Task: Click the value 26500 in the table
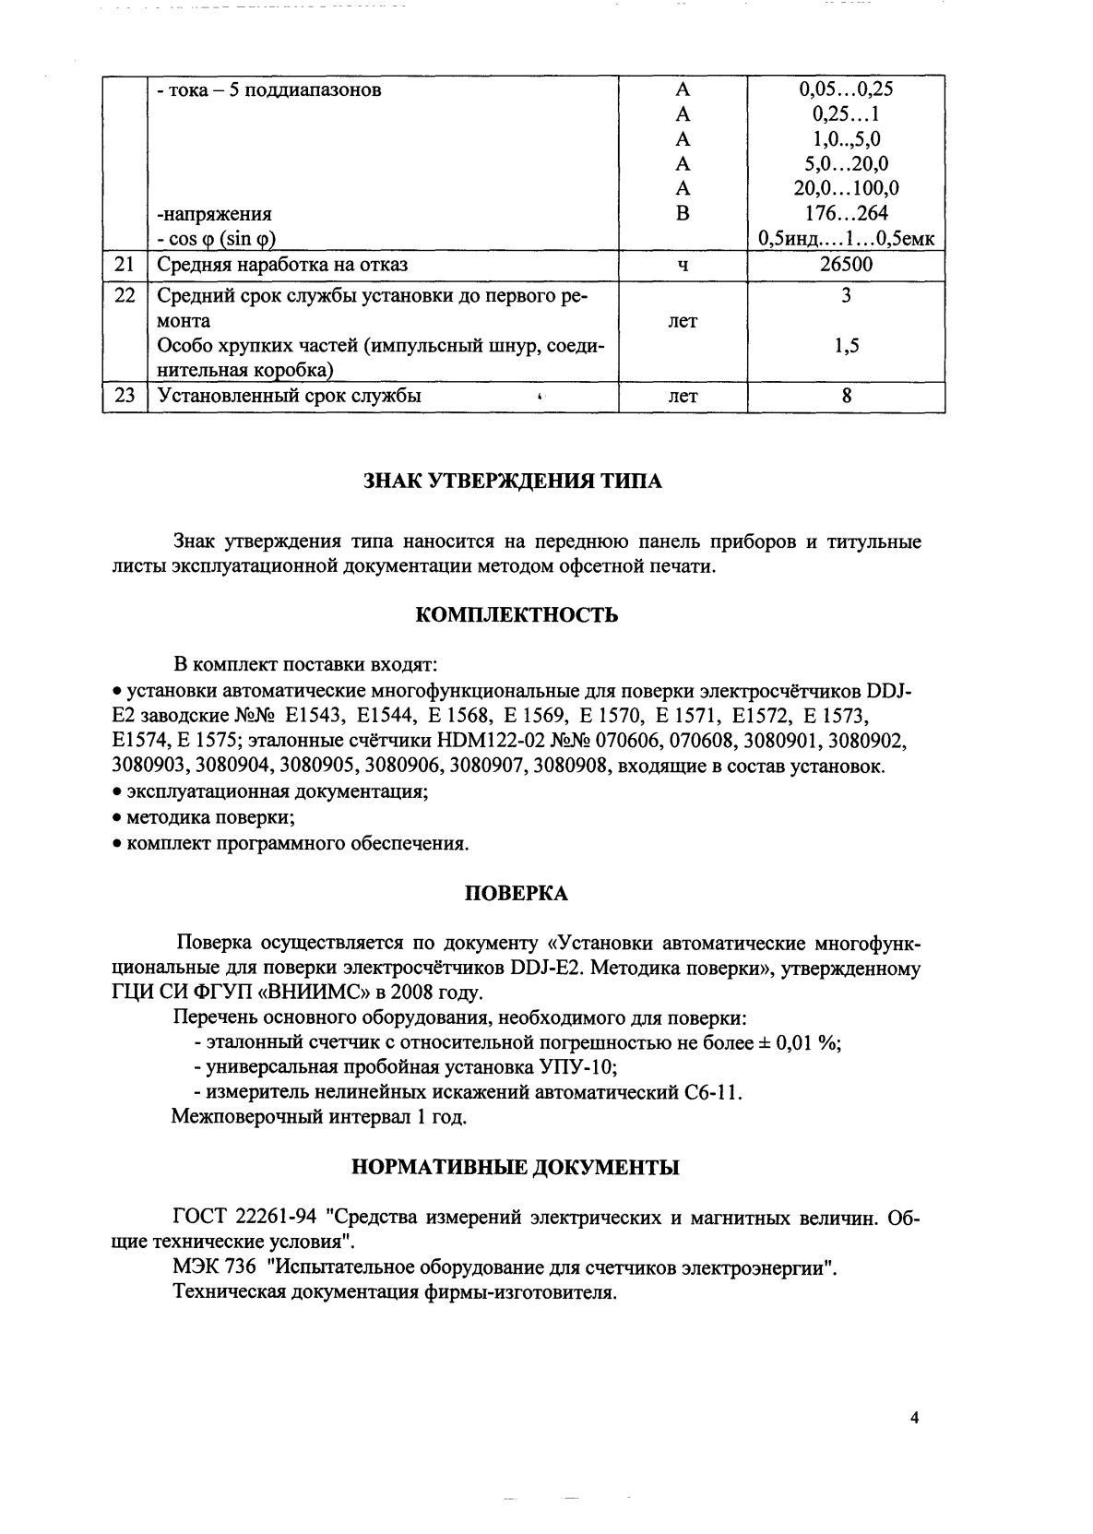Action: [x=846, y=265]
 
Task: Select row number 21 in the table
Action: [x=125, y=265]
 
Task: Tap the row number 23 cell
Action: [x=125, y=396]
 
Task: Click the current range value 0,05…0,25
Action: [x=846, y=89]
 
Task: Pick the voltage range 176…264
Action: [x=846, y=214]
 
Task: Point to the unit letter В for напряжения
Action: [x=683, y=214]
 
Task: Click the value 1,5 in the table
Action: [x=846, y=346]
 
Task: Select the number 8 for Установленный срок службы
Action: [x=846, y=396]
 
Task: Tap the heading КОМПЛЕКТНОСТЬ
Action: [x=517, y=615]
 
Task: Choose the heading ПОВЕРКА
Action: [x=516, y=894]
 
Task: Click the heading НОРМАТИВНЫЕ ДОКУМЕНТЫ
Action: [x=517, y=1168]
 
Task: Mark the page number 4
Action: [x=914, y=1419]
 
